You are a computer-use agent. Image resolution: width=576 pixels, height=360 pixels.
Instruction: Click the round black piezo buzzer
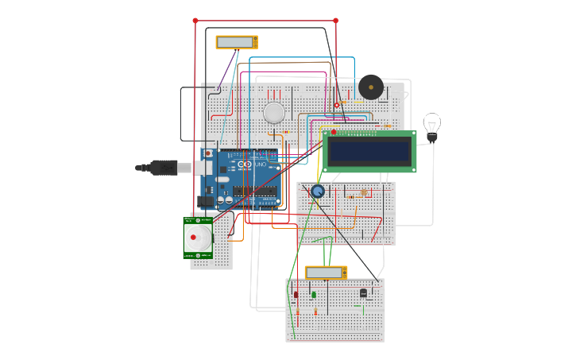pyautogui.click(x=370, y=87)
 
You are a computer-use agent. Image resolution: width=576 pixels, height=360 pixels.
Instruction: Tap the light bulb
pyautogui.click(x=431, y=124)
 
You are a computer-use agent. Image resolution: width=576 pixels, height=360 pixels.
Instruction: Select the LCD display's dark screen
pyautogui.click(x=369, y=150)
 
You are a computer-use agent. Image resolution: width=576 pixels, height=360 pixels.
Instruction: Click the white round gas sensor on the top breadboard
pyautogui.click(x=274, y=113)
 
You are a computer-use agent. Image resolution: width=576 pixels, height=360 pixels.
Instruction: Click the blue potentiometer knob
pyautogui.click(x=318, y=191)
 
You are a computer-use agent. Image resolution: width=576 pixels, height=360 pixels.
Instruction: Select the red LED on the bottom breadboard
pyautogui.click(x=296, y=295)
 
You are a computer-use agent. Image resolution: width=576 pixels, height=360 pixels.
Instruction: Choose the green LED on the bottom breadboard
pyautogui.click(x=314, y=295)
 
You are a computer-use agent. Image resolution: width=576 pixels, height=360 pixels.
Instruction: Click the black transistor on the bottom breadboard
pyautogui.click(x=363, y=292)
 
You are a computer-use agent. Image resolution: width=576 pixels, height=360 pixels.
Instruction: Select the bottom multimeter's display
pyautogui.click(x=323, y=273)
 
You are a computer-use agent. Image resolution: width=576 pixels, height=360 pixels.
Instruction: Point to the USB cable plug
pyautogui.click(x=163, y=167)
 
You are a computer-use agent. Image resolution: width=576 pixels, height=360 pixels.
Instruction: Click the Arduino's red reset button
pyautogui.click(x=208, y=153)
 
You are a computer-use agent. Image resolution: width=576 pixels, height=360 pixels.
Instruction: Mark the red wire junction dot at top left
pyautogui.click(x=195, y=21)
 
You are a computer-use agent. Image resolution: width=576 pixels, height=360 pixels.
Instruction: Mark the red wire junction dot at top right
pyautogui.click(x=335, y=21)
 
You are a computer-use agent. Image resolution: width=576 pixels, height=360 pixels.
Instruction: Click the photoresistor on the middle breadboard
pyautogui.click(x=364, y=192)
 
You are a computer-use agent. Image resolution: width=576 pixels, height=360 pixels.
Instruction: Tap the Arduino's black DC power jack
pyautogui.click(x=204, y=201)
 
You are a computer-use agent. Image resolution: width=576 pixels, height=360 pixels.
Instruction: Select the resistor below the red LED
pyautogui.click(x=297, y=311)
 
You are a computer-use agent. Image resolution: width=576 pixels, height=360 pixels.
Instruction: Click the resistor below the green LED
pyautogui.click(x=315, y=312)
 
